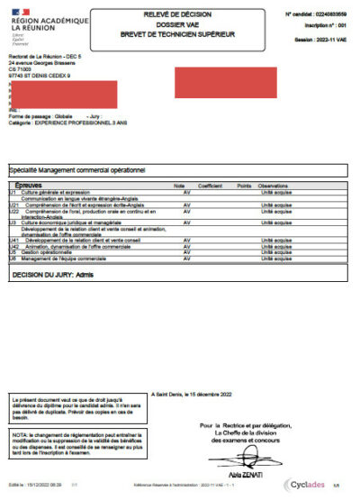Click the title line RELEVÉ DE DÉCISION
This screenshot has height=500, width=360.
(x=184, y=14)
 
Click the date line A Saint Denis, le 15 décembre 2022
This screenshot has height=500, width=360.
(x=193, y=394)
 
